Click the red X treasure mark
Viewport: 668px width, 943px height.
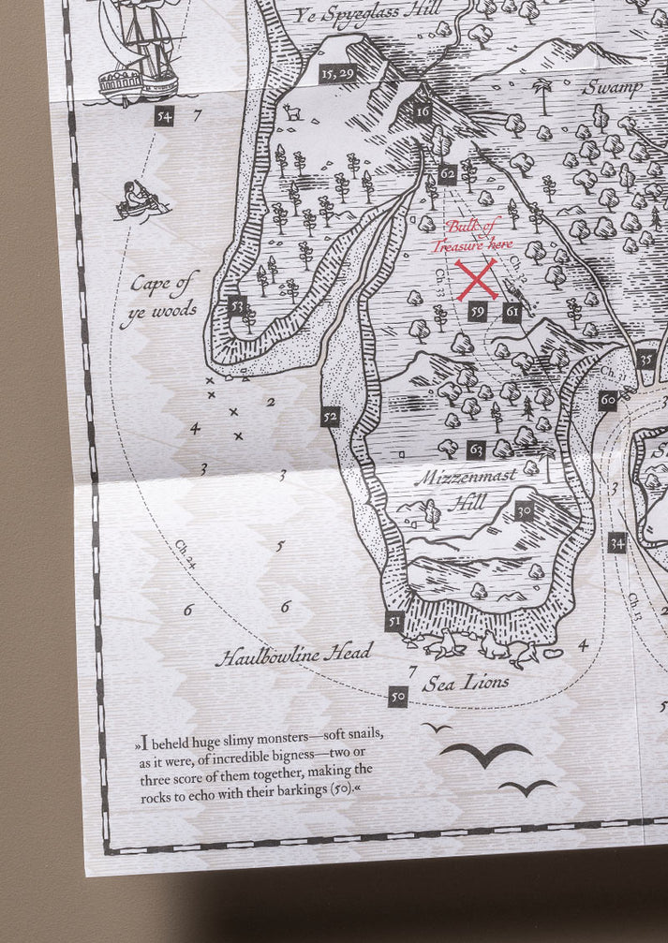477,279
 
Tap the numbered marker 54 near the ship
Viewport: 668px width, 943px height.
166,117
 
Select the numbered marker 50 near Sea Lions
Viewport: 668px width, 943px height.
398,696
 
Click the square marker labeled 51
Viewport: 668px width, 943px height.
393,621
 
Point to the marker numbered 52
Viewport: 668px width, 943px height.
330,417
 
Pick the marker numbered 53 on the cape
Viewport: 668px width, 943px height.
236,305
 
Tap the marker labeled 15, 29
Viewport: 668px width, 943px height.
336,73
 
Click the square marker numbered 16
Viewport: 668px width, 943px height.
423,112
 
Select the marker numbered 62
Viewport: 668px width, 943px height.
447,173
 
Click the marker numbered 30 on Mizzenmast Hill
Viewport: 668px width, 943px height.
524,511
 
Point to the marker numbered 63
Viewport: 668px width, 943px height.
476,450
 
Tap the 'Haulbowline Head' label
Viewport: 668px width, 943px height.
293,654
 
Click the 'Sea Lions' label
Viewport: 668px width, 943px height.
466,683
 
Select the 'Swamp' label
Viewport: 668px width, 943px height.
613,88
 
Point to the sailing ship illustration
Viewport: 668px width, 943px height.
137,52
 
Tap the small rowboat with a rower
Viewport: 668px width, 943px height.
141,199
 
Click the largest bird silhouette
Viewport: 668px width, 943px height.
485,753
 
